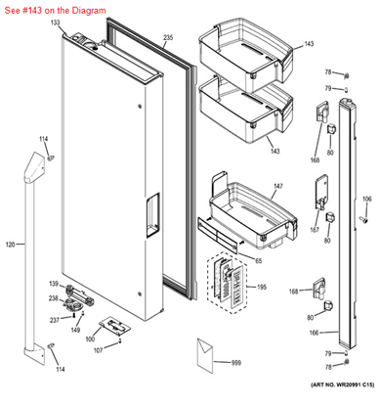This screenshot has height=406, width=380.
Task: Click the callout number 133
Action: pos(55,22)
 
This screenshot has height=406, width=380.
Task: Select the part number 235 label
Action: pos(168,37)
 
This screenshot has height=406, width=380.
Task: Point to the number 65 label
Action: pos(258,260)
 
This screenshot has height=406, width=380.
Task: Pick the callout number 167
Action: pos(315,231)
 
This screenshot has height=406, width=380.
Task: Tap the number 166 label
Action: pos(315,333)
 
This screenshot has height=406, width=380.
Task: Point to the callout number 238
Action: pos(55,299)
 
